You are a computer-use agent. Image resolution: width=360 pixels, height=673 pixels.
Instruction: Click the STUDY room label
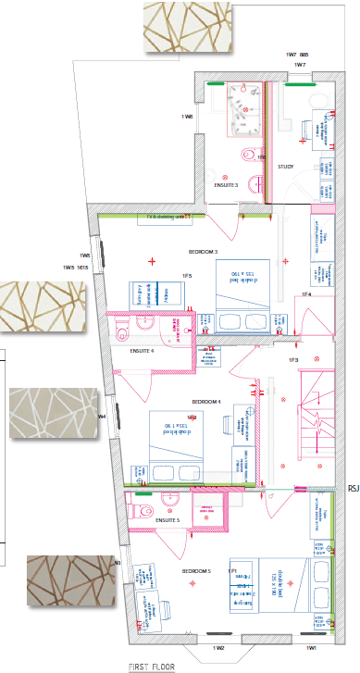click(x=286, y=167)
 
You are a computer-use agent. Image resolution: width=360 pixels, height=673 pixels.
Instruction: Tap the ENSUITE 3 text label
click(x=226, y=185)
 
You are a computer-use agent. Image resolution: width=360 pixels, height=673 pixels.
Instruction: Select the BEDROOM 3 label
click(x=203, y=252)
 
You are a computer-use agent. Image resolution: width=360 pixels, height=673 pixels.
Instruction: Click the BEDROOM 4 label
click(x=206, y=401)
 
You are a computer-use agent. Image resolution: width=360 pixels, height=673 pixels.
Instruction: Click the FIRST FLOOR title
click(x=153, y=666)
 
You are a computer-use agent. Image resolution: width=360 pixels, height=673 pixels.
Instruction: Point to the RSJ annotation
click(x=352, y=488)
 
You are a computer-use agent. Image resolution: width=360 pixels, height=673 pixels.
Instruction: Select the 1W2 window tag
click(x=219, y=648)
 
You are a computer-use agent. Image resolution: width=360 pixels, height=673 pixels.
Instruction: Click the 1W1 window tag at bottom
click(x=311, y=648)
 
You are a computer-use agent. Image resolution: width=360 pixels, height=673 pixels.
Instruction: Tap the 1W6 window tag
click(x=187, y=117)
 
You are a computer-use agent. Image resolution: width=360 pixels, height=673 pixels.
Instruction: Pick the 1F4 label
click(x=304, y=294)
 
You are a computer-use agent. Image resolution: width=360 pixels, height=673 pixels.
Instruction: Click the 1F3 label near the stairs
click(x=293, y=359)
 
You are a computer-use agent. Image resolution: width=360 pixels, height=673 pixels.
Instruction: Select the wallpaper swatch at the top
click(x=183, y=26)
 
